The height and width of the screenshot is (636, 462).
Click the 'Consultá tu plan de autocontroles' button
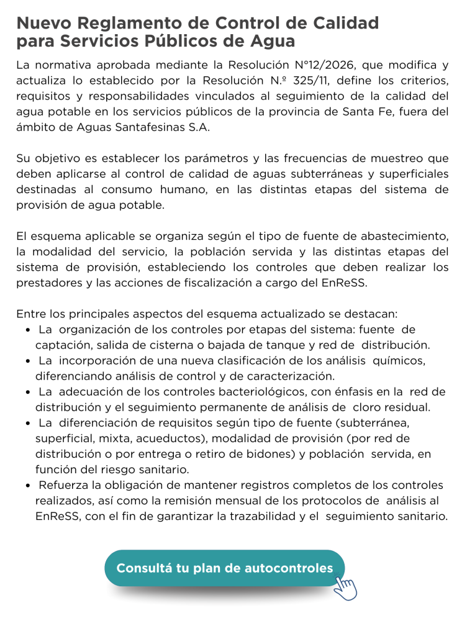(x=224, y=568)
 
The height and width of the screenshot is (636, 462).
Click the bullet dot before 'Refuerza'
(x=29, y=485)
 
